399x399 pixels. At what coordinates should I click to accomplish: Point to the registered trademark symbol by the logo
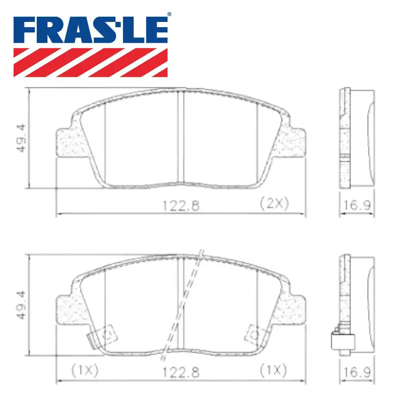click(169, 15)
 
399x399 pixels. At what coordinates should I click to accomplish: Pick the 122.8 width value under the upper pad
click(180, 205)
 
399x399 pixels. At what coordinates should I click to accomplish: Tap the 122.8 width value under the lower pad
click(180, 372)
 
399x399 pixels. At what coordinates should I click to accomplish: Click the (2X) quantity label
click(274, 204)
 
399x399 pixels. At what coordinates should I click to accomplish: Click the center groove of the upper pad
click(182, 138)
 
